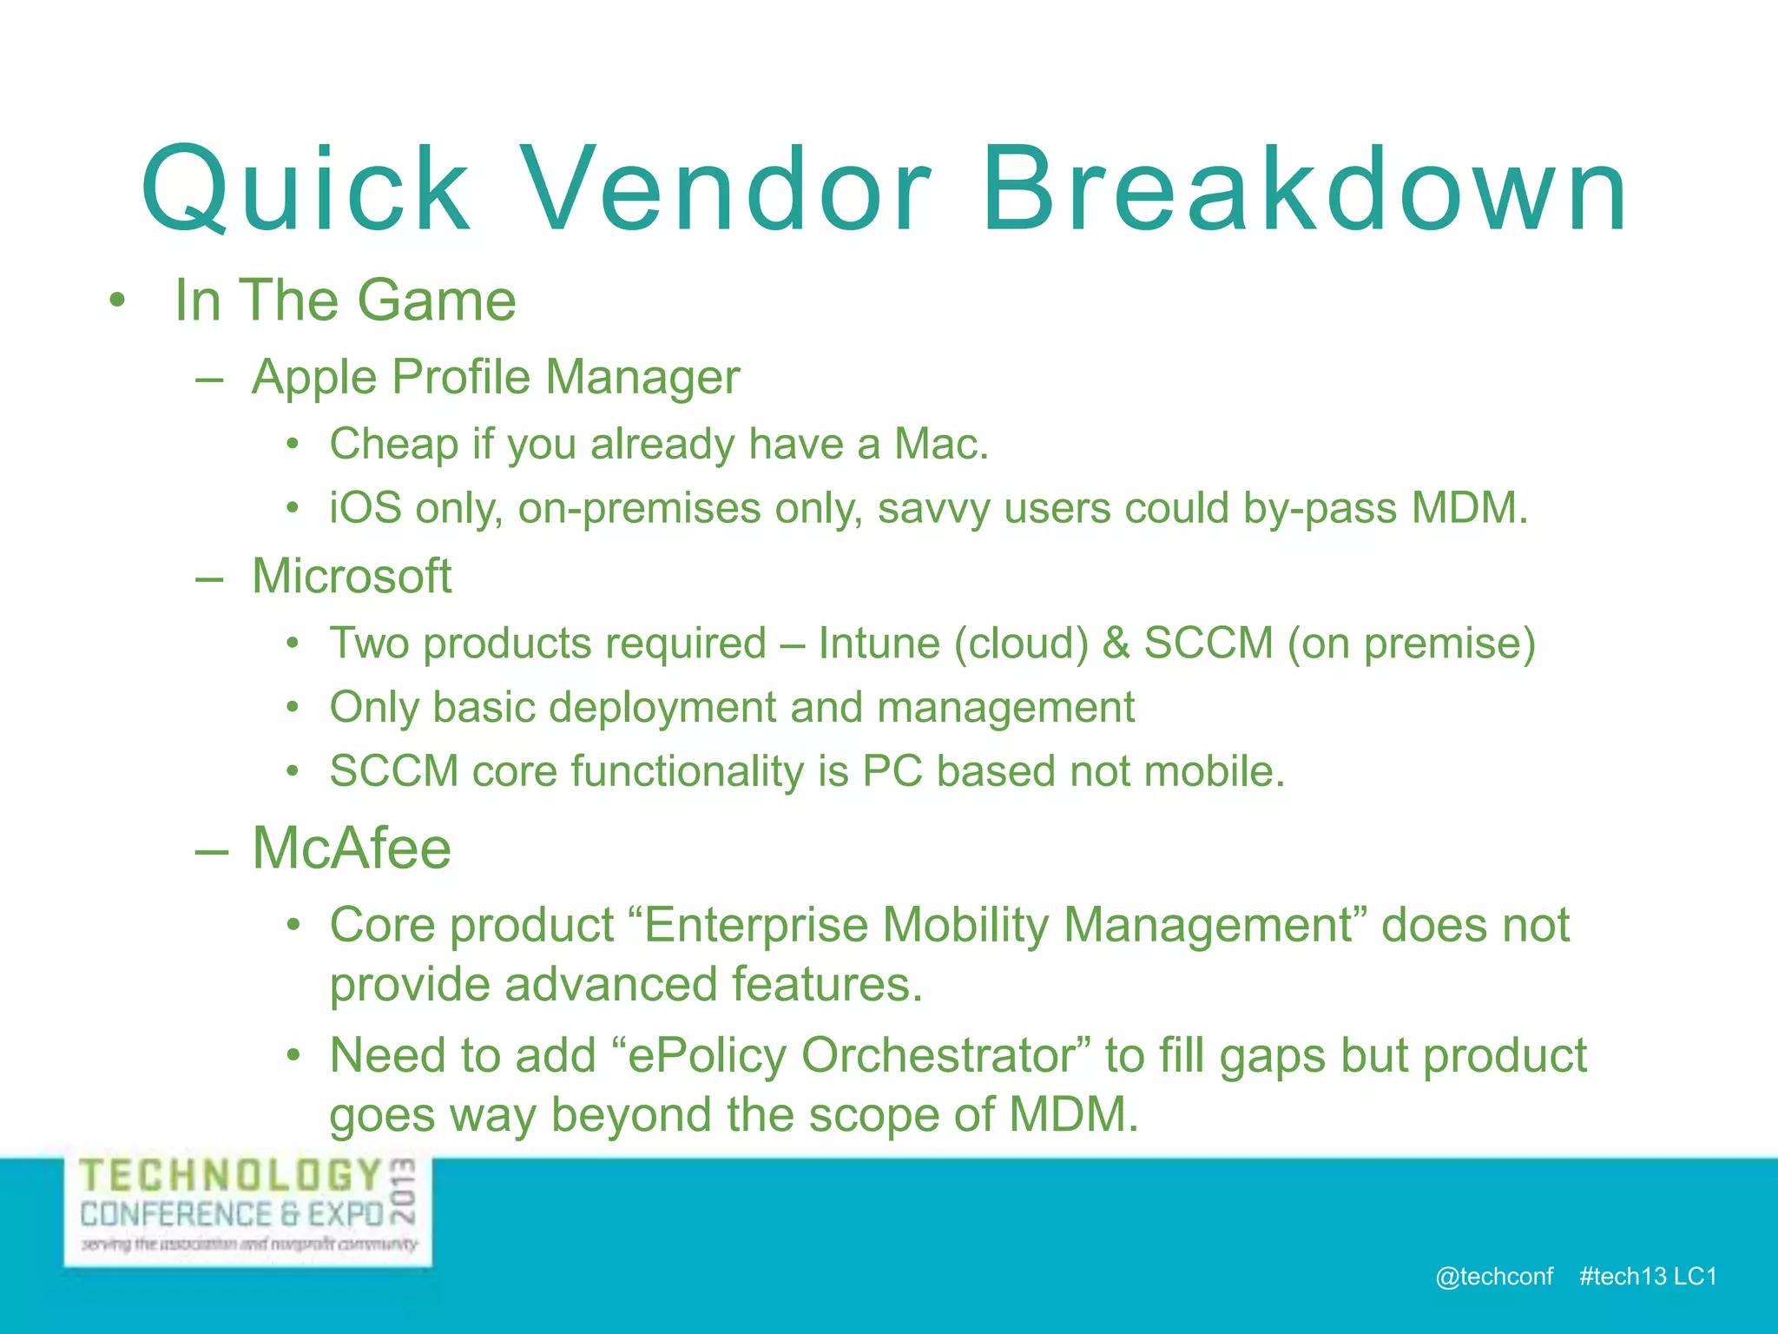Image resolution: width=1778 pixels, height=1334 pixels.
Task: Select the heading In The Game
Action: [x=345, y=300]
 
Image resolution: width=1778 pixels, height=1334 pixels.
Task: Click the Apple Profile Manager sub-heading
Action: [x=495, y=378]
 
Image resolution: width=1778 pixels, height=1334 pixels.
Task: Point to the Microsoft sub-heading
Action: [x=352, y=576]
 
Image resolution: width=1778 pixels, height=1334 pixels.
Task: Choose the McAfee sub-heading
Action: [x=352, y=848]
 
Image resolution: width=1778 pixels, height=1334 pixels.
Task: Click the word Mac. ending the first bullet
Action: [x=941, y=444]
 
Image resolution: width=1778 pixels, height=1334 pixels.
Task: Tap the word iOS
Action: [x=365, y=508]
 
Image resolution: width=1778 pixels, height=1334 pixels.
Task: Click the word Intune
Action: [x=879, y=644]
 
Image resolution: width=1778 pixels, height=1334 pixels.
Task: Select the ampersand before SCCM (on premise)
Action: [x=1116, y=644]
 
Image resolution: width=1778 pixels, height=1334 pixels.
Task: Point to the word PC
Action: [x=892, y=771]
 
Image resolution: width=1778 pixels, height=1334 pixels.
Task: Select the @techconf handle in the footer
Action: [x=1493, y=1277]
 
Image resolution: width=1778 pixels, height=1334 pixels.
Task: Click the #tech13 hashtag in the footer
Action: [x=1622, y=1277]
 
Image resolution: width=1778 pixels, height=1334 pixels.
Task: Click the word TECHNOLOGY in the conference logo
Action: [x=231, y=1177]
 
